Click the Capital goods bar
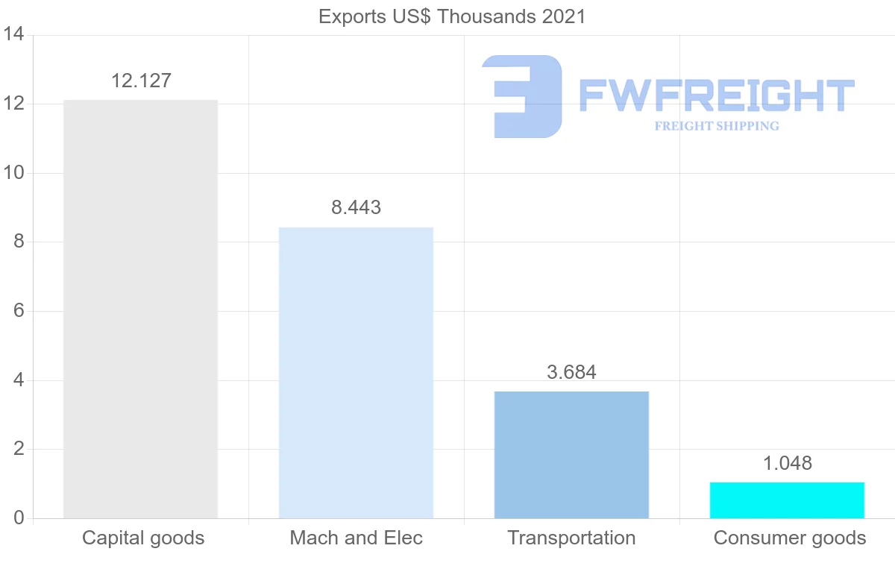coord(140,309)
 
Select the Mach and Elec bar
coord(356,373)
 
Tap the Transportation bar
coord(571,455)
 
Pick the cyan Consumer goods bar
coord(787,500)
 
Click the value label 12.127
coord(141,81)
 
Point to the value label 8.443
coord(356,207)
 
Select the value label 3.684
coord(571,371)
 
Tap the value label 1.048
coord(787,462)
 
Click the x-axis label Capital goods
coord(143,538)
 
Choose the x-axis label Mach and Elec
coord(356,538)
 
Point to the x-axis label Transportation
coord(571,538)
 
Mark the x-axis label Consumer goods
coord(790,538)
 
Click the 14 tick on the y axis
coord(14,35)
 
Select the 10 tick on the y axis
coord(14,173)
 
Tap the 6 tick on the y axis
coord(19,311)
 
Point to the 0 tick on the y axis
coord(19,518)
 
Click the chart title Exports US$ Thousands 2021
coord(452,16)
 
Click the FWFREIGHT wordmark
coord(716,96)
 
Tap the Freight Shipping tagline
coord(717,126)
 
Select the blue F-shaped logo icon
coord(522,96)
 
